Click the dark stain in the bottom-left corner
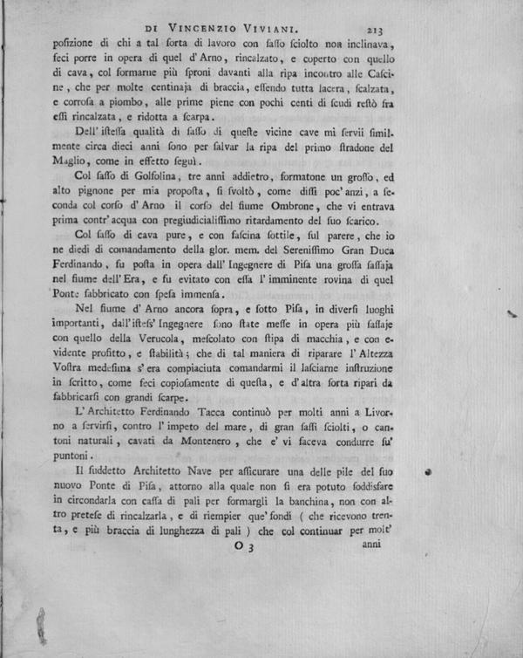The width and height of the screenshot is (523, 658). click(x=39, y=627)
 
